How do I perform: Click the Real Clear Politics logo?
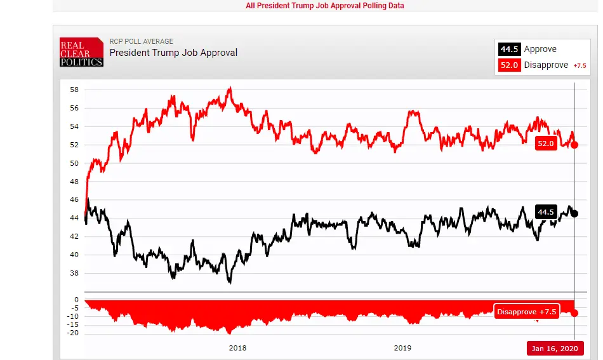[x=81, y=53]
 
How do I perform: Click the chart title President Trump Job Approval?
[x=173, y=53]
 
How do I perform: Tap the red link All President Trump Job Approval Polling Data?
[x=324, y=6]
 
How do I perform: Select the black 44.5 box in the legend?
[x=510, y=50]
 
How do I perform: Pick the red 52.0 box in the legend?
[x=510, y=65]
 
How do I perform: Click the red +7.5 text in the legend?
[x=580, y=65]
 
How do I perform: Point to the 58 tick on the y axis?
[x=74, y=90]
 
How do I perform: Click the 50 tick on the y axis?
[x=74, y=163]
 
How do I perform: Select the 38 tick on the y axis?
[x=74, y=273]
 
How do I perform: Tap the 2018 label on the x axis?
[x=237, y=348]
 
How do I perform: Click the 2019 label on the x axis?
[x=402, y=348]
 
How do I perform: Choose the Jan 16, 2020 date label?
[x=554, y=349]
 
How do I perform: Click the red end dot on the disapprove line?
[x=575, y=145]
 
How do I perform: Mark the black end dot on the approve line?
[x=575, y=213]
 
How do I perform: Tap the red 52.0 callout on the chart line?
[x=546, y=144]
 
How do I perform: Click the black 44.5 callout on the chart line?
[x=546, y=212]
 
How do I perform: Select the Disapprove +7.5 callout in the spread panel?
[x=526, y=312]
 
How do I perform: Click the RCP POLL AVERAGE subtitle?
[x=141, y=41]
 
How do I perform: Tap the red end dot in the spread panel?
[x=575, y=312]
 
